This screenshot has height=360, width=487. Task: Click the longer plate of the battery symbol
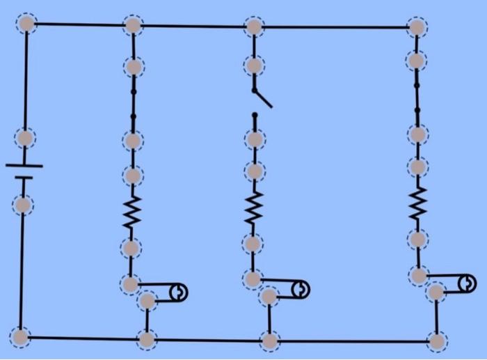(x=24, y=166)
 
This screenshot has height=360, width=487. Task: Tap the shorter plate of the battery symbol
(x=24, y=178)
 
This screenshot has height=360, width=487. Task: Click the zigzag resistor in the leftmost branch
(x=131, y=212)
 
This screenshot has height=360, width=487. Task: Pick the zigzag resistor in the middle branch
(x=254, y=208)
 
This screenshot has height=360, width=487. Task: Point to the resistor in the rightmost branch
(x=417, y=203)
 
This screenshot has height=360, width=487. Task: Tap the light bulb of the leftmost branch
(x=179, y=292)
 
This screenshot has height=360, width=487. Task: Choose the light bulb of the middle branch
(x=301, y=288)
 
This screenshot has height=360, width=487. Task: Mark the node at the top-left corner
(x=26, y=24)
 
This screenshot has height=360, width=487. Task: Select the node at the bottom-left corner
(x=21, y=337)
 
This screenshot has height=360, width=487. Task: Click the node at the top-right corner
(x=417, y=27)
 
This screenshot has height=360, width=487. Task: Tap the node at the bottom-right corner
(x=437, y=341)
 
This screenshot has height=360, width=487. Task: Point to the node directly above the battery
(x=25, y=137)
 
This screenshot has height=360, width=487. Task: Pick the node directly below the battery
(x=23, y=205)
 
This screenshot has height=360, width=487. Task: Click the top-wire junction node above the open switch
(x=254, y=27)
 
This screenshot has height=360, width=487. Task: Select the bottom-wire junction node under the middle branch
(x=269, y=341)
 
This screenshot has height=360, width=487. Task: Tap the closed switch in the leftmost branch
(x=133, y=103)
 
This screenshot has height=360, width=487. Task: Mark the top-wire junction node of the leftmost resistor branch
(x=133, y=26)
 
